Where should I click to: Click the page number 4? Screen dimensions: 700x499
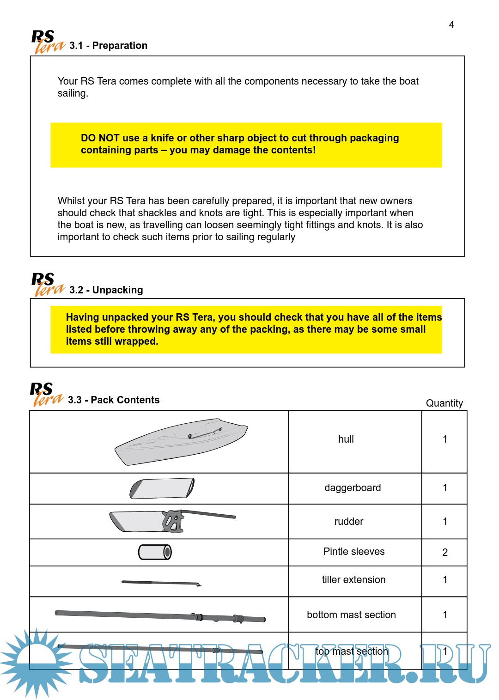[x=451, y=25]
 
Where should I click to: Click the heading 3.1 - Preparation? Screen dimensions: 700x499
[x=108, y=46]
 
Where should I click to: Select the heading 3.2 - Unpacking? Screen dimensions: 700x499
[x=106, y=290]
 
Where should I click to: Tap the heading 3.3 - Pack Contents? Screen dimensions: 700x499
[x=114, y=400]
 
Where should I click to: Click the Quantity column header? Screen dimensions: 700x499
[x=444, y=403]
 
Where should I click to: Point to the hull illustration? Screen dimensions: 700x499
[x=181, y=441]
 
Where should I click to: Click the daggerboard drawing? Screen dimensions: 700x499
[x=162, y=488]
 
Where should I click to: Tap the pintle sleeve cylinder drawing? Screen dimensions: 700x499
[x=155, y=552]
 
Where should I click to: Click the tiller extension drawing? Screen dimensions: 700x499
[x=161, y=583]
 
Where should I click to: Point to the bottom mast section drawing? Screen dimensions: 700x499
[x=160, y=616]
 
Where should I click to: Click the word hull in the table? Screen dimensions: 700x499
[x=346, y=439]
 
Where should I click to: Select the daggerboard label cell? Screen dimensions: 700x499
[x=353, y=488]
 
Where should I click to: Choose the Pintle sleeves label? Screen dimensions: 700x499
[x=354, y=552]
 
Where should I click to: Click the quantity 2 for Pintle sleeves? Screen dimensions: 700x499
[x=445, y=553]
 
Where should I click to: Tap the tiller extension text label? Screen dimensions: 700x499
[x=353, y=580]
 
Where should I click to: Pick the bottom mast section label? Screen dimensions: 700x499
[x=351, y=615]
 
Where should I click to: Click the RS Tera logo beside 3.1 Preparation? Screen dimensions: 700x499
[x=47, y=42]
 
